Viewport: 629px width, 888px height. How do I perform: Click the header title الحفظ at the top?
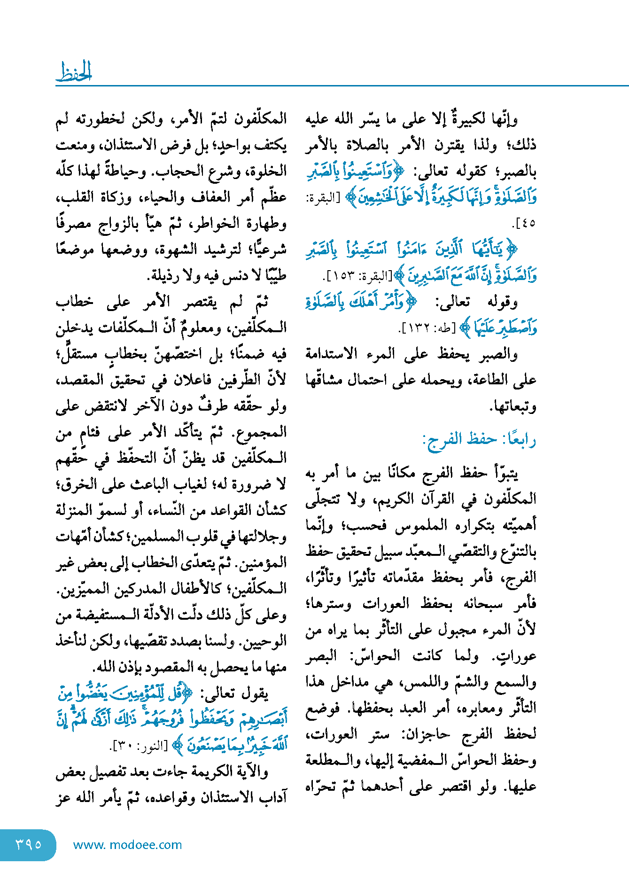click(74, 72)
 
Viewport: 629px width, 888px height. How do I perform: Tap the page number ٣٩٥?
click(28, 844)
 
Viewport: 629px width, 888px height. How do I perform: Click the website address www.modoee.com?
click(127, 845)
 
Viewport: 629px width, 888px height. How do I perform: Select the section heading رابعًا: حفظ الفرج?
click(480, 439)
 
